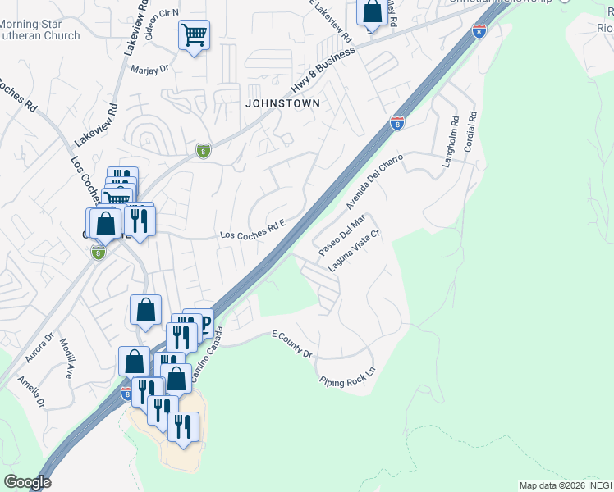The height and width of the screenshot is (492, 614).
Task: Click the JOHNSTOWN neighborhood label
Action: coord(282,103)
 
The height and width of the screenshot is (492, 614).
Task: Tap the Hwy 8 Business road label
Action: coord(323,70)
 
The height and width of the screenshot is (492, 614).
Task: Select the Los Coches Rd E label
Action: coord(252,235)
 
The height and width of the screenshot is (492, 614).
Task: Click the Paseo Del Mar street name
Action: coord(341,235)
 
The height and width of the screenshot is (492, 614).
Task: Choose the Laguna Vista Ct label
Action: coord(355,251)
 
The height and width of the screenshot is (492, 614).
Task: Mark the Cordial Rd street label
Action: coord(472,130)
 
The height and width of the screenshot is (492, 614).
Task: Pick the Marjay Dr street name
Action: coord(149,69)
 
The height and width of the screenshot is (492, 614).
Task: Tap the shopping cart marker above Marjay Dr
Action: coord(194,35)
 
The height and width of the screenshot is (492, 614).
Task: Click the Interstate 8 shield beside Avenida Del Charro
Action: coord(396,123)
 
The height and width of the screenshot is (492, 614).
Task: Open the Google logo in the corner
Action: coord(27,482)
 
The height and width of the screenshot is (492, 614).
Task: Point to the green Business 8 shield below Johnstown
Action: coord(204,151)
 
